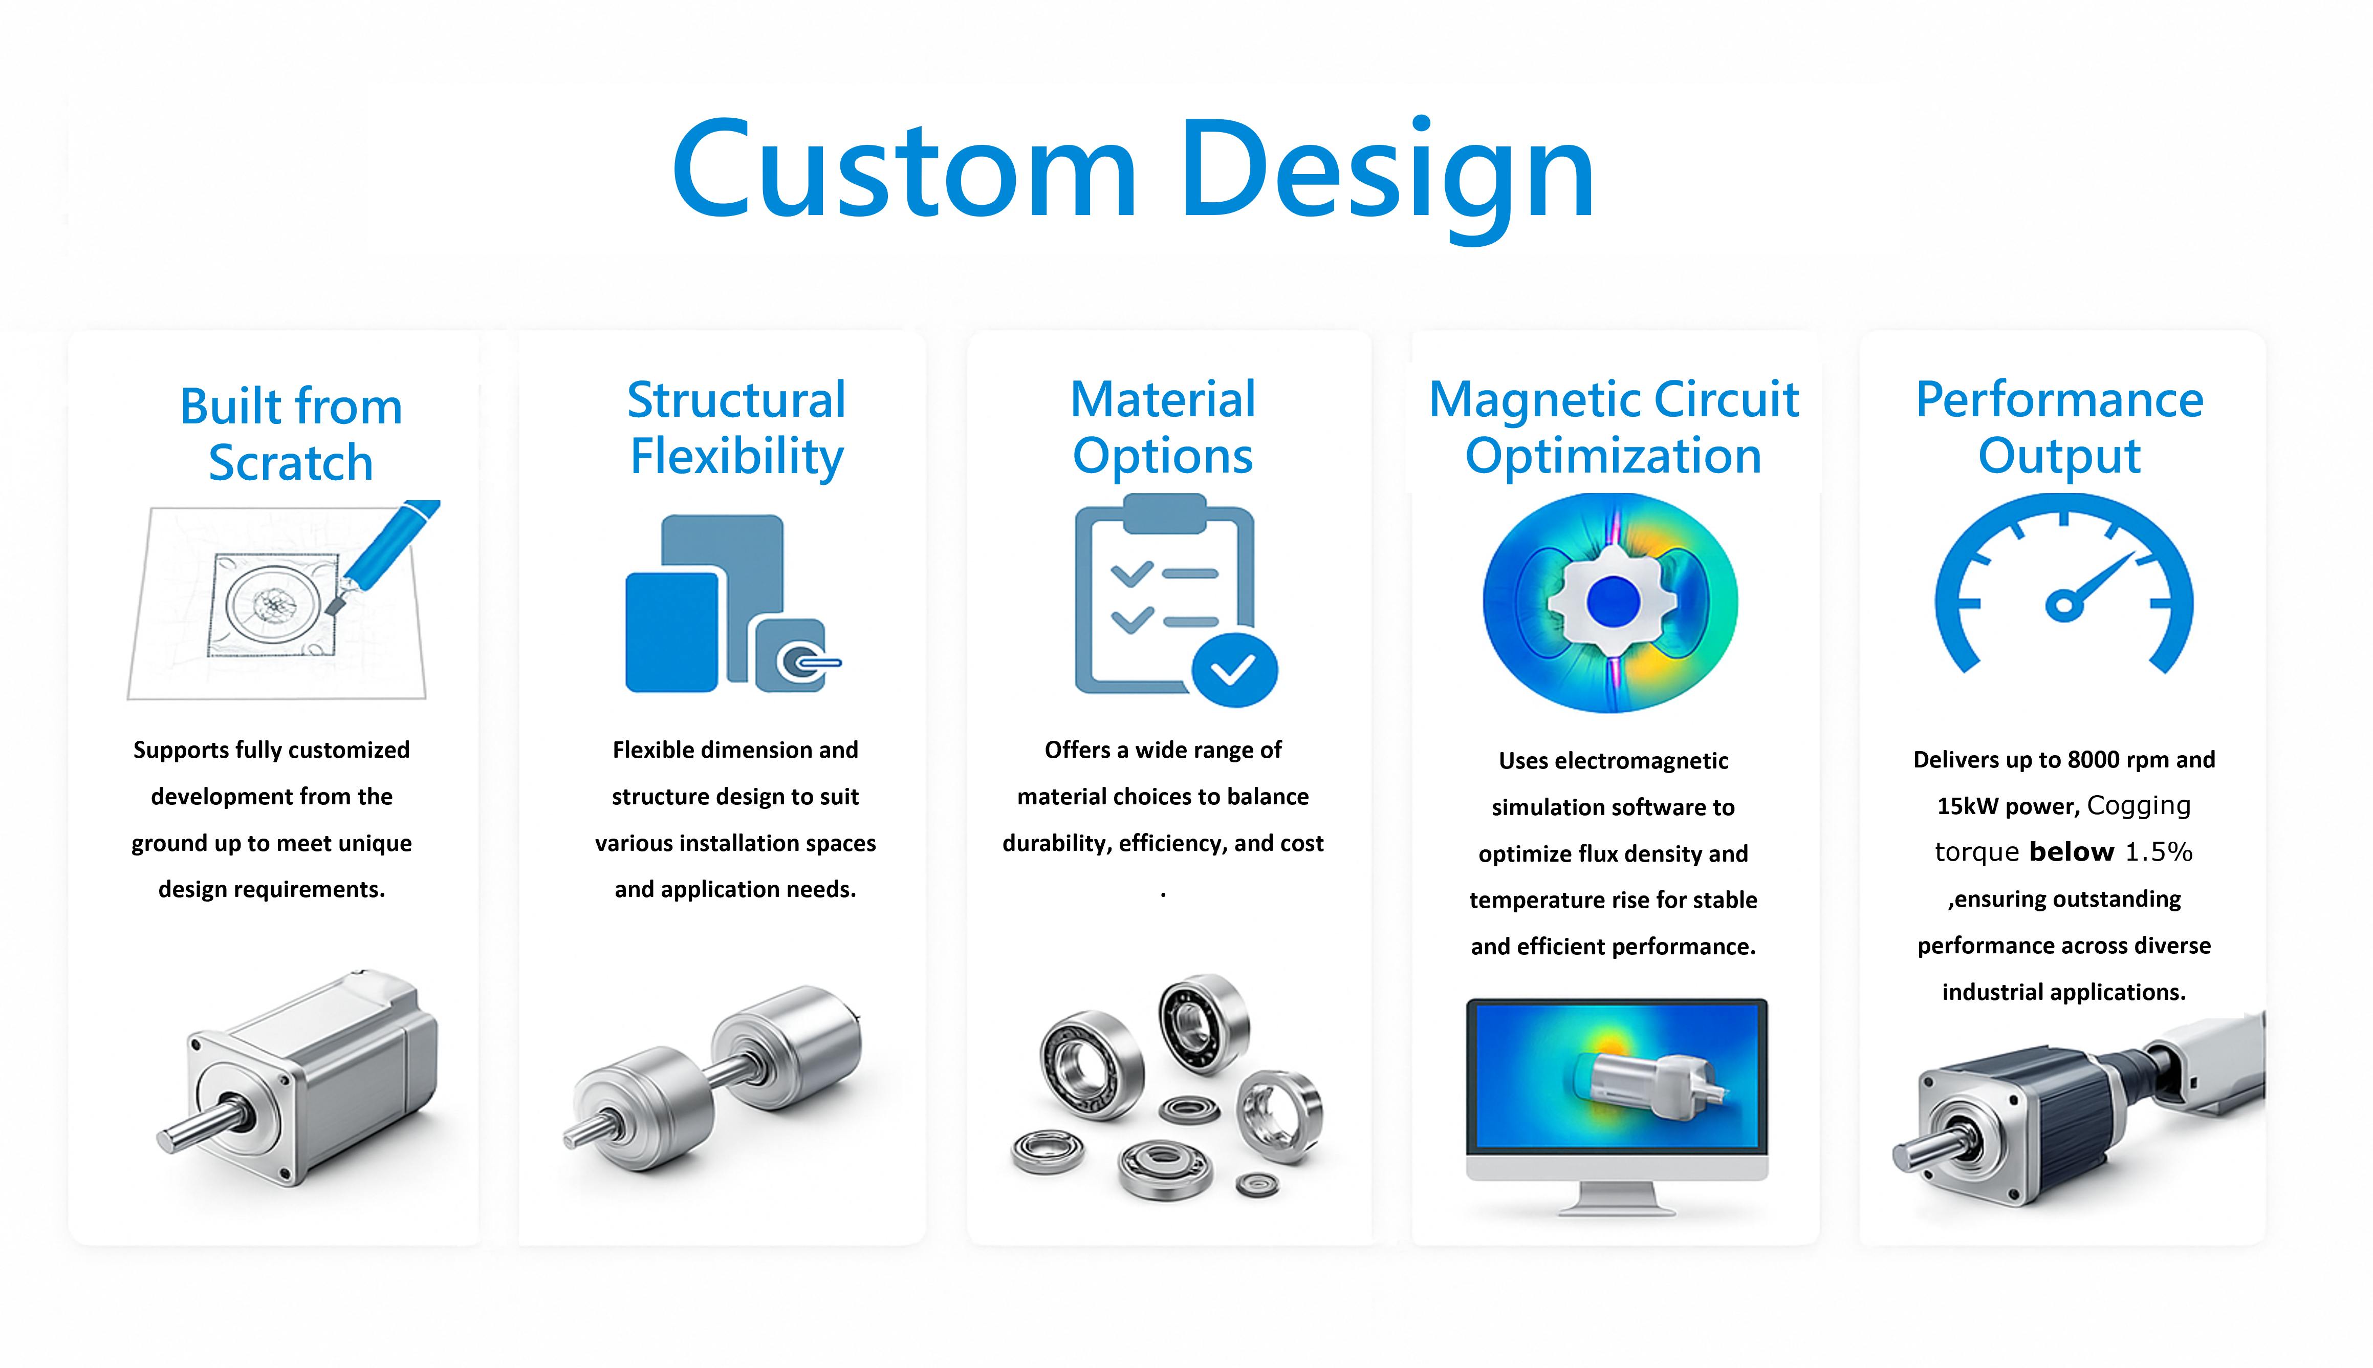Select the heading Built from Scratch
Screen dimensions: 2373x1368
291,434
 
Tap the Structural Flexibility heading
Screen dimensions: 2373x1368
736,429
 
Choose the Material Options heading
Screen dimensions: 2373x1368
1163,429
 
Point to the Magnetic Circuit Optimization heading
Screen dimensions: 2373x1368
1613,429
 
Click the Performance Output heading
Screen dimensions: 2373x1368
2059,429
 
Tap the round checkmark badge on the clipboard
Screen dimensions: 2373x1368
1234,670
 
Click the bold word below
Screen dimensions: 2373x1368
2072,852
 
